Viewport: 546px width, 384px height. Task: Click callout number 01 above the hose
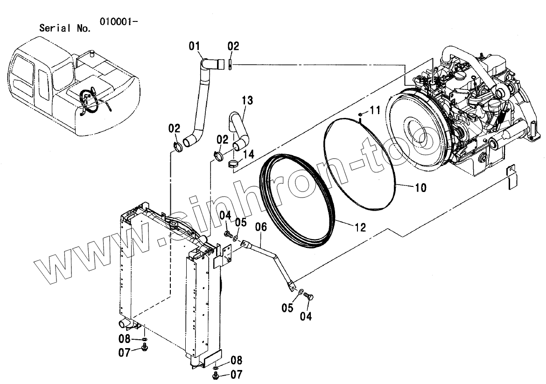pyautogui.click(x=195, y=46)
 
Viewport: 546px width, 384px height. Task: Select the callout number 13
pyautogui.click(x=247, y=100)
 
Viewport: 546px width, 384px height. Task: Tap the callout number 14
pyautogui.click(x=249, y=154)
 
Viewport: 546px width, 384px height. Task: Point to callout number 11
pyautogui.click(x=376, y=110)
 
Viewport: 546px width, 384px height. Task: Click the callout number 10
pyautogui.click(x=420, y=188)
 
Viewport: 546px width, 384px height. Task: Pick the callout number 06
pyautogui.click(x=261, y=227)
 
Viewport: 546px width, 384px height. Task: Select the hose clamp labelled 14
pyautogui.click(x=233, y=163)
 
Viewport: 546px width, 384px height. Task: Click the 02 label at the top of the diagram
pyautogui.click(x=233, y=46)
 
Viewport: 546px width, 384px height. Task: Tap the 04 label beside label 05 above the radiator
pyautogui.click(x=225, y=215)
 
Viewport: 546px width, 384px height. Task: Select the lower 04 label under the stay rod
pyautogui.click(x=306, y=316)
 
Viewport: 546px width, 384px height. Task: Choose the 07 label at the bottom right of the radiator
pyautogui.click(x=237, y=374)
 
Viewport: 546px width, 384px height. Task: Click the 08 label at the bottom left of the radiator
pyautogui.click(x=124, y=339)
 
